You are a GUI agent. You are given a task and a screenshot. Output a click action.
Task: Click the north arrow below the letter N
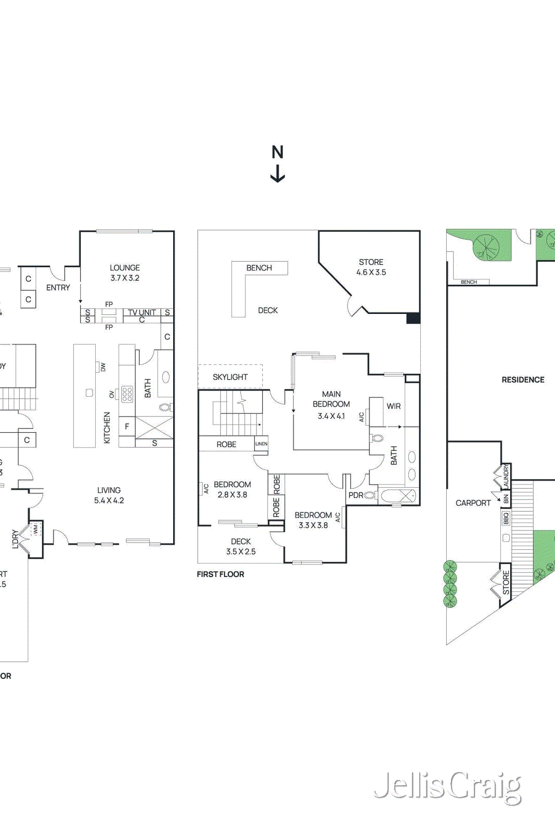coord(278,174)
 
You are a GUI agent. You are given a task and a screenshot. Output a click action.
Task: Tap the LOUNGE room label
coord(125,268)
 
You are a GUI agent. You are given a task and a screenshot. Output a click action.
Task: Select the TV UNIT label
coord(142,312)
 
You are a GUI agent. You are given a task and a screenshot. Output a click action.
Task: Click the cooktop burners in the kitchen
coord(127,394)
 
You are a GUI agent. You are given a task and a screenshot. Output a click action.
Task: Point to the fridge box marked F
coord(127,426)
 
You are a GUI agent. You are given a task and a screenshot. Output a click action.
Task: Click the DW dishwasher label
coord(103,367)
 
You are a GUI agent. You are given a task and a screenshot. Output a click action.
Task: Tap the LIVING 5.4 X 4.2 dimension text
coord(109,500)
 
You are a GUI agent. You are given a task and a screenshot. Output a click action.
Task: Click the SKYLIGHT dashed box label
coord(230,377)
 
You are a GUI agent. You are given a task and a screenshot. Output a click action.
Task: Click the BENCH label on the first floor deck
coord(259,268)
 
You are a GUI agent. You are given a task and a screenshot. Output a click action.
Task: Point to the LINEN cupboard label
coord(261,444)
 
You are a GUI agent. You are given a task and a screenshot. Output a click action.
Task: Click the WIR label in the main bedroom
coord(394,406)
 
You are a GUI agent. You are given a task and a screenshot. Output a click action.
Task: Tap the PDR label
coord(356,495)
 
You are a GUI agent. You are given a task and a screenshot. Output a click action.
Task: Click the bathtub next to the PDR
coord(398,496)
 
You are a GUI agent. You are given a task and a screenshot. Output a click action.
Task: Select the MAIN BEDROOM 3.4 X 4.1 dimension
coord(331,416)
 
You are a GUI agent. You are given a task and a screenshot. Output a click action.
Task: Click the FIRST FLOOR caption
coord(221,574)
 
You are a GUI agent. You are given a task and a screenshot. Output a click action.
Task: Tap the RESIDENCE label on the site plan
coord(523,380)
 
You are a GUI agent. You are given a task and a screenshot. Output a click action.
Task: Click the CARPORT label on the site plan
coord(473,503)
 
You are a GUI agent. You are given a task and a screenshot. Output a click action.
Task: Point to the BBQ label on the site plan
coord(506,519)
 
